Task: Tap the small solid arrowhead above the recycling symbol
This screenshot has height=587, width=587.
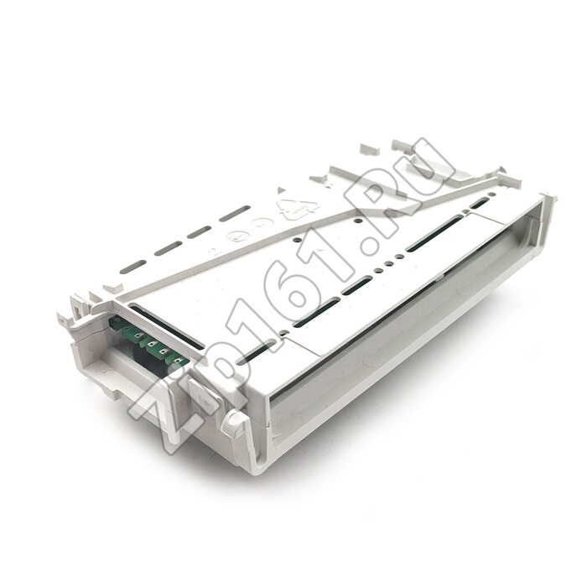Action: point(280,191)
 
